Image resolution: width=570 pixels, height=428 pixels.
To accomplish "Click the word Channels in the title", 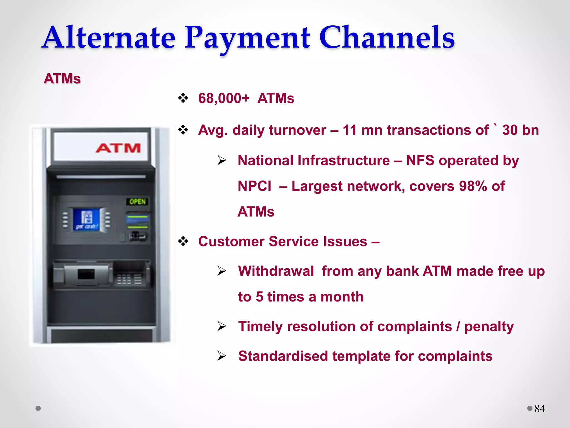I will click(x=387, y=38).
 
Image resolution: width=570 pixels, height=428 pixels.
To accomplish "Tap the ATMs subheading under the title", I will click(x=62, y=79).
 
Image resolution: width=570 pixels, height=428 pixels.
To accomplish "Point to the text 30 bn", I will click(x=520, y=130).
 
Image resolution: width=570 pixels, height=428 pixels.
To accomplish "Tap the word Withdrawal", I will click(x=276, y=271).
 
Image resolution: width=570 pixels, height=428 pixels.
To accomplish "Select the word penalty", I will click(x=489, y=327).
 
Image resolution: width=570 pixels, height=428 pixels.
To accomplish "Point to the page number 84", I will click(x=540, y=409).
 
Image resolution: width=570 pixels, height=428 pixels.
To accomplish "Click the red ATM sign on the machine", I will click(x=118, y=148).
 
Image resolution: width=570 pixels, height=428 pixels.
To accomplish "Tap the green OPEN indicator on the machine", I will click(x=137, y=201).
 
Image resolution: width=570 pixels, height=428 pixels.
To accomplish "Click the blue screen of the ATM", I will click(x=86, y=220).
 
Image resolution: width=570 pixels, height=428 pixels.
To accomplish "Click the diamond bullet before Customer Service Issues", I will click(x=183, y=241).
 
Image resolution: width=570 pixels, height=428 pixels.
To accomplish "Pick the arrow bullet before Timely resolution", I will click(x=222, y=326).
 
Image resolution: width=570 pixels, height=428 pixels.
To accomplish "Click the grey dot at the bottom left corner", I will click(x=38, y=408).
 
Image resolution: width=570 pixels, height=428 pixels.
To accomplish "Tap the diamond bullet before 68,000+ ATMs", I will click(x=183, y=98).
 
